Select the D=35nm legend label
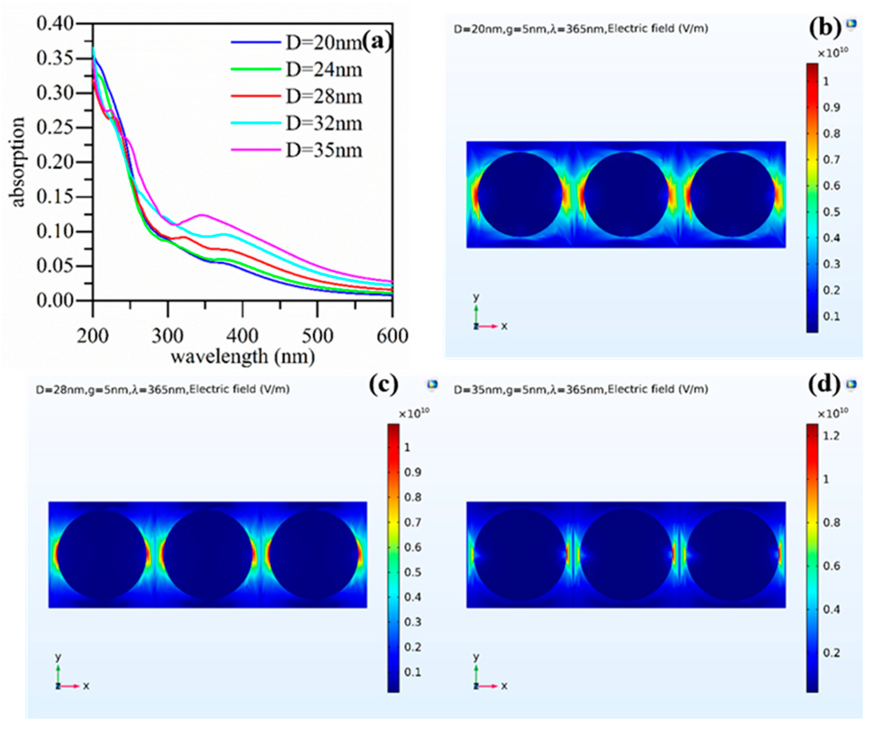point(323,150)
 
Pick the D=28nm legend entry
point(323,96)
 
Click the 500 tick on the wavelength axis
point(317,336)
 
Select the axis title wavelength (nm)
point(243,357)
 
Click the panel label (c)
point(383,385)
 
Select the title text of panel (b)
point(581,29)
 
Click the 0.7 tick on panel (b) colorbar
point(831,160)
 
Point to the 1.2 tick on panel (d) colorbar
point(831,436)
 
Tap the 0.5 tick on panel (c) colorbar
point(412,572)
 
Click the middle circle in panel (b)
point(626,194)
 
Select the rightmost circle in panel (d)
point(733,555)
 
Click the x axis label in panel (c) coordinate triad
point(86,686)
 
